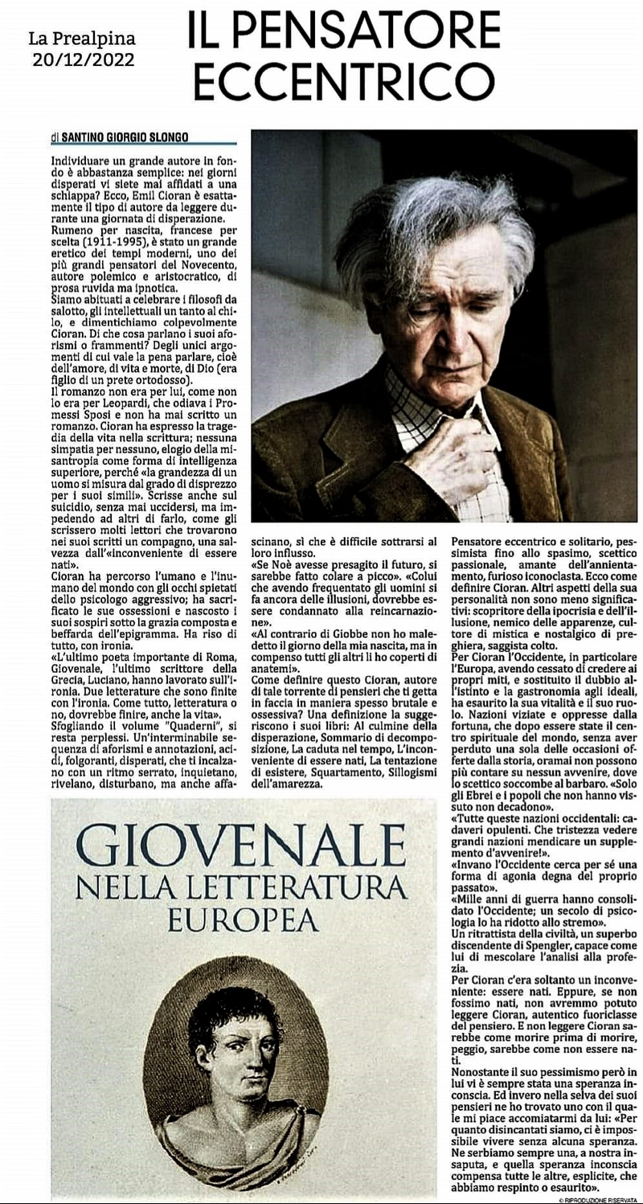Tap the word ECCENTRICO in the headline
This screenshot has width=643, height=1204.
click(344, 80)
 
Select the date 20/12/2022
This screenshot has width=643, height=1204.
click(83, 59)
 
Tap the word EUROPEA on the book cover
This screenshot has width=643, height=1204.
click(240, 918)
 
